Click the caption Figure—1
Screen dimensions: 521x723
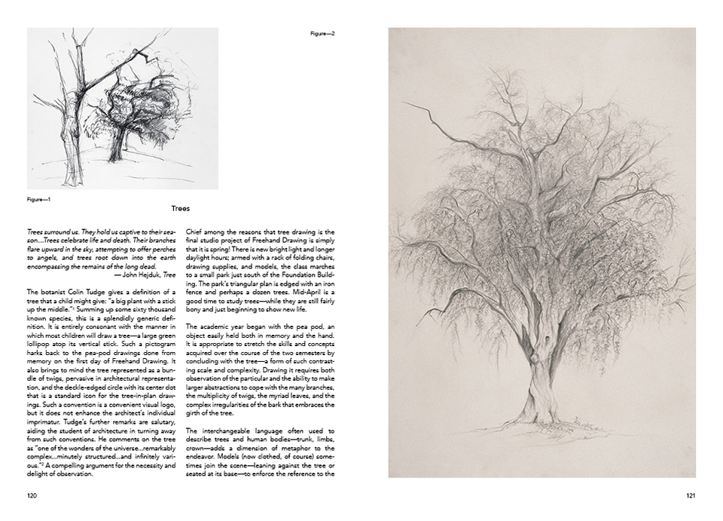[38, 200]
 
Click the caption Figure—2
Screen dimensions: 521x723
[322, 34]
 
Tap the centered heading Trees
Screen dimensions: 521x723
[180, 208]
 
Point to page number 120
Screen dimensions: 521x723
[32, 495]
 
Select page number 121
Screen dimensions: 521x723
[691, 495]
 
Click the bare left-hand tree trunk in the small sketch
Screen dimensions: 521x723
[70, 113]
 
